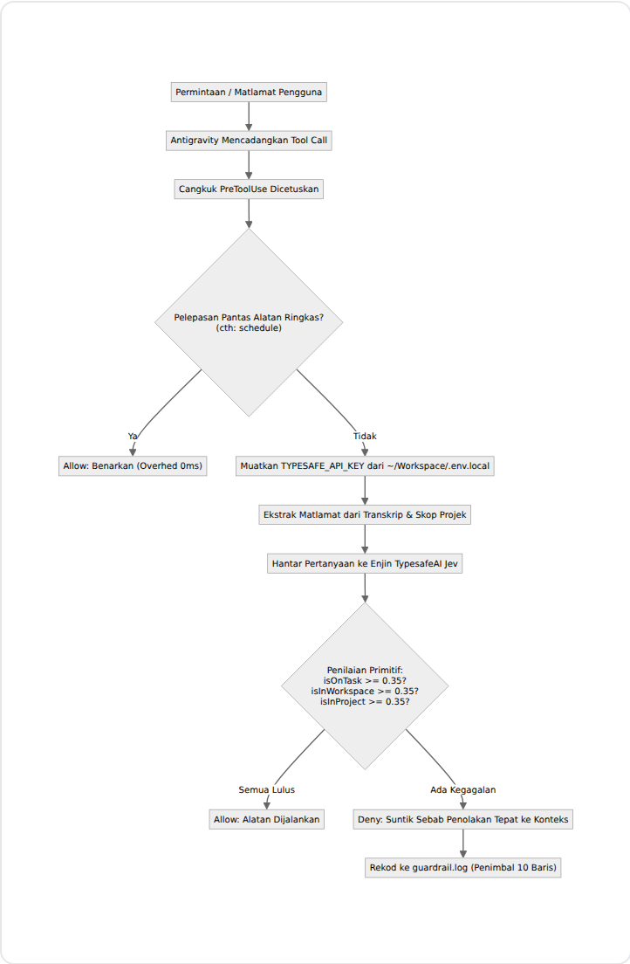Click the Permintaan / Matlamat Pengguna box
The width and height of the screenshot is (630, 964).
tap(249, 93)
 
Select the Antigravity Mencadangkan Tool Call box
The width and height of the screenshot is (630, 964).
tap(249, 141)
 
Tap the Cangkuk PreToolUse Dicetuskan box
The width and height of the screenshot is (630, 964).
tap(249, 189)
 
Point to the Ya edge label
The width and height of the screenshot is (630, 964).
tap(133, 436)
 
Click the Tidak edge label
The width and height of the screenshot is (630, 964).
tap(365, 436)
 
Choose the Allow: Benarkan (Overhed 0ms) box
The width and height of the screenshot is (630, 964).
tap(133, 466)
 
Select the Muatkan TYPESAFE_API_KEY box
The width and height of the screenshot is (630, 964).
tap(365, 466)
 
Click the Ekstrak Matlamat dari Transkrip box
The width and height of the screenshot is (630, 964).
tap(365, 514)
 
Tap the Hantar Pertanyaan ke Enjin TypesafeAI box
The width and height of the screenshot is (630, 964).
tap(365, 563)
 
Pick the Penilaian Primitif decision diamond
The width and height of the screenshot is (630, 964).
tap(365, 685)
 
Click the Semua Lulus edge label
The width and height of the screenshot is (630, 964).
tap(267, 789)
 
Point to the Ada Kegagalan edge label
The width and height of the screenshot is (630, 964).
tap(462, 789)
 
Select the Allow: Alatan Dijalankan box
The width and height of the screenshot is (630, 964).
tap(267, 820)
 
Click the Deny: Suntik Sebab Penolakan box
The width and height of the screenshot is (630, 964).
tap(462, 820)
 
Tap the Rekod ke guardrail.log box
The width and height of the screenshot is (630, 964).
tap(462, 867)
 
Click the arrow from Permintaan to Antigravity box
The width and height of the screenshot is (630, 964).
tap(249, 116)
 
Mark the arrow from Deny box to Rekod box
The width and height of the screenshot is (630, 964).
tap(462, 843)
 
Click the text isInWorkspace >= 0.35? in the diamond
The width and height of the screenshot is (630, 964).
tap(365, 691)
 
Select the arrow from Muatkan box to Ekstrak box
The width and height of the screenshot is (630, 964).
tap(365, 490)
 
